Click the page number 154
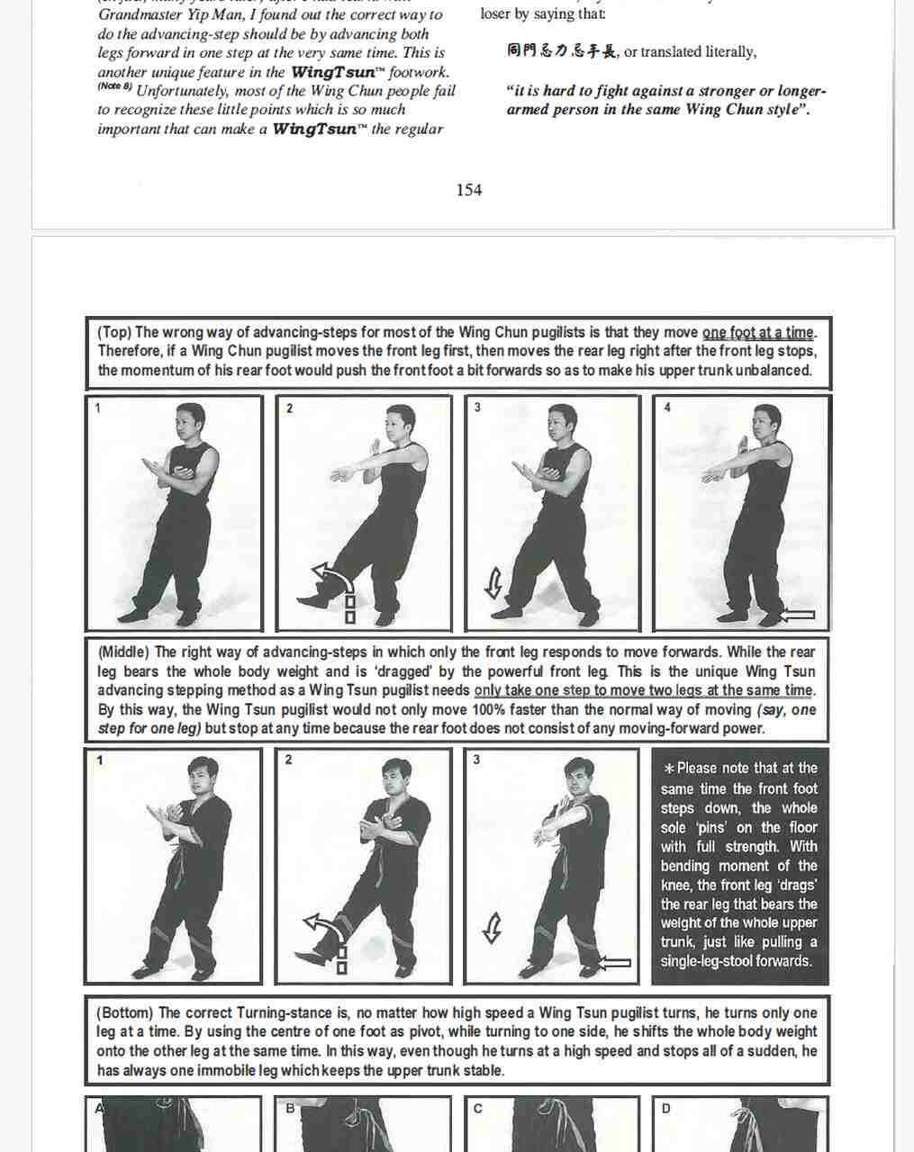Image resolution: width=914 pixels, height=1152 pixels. pyautogui.click(x=468, y=190)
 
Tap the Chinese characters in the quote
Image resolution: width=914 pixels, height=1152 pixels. pyautogui.click(x=561, y=51)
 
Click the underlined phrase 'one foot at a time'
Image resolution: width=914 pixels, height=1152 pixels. pyautogui.click(x=757, y=332)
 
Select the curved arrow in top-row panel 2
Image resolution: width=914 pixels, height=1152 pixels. pyautogui.click(x=328, y=583)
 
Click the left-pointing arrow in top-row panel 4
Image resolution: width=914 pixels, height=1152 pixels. pyautogui.click(x=796, y=616)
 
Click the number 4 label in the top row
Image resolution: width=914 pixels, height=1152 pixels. pyautogui.click(x=667, y=408)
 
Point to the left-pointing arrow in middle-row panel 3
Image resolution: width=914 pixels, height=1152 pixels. pyautogui.click(x=614, y=963)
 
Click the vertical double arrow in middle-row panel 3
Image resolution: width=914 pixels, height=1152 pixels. pyautogui.click(x=492, y=928)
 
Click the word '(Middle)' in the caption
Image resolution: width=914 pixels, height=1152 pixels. pyautogui.click(x=123, y=652)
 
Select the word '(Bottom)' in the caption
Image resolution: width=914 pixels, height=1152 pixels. pyautogui.click(x=125, y=1012)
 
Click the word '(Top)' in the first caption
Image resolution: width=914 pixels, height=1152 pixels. pyautogui.click(x=114, y=332)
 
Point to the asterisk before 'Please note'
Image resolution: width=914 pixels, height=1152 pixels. pyautogui.click(x=668, y=769)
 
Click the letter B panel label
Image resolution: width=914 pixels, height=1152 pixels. pyautogui.click(x=290, y=1109)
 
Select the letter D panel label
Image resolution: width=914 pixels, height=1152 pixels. pyautogui.click(x=665, y=1109)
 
